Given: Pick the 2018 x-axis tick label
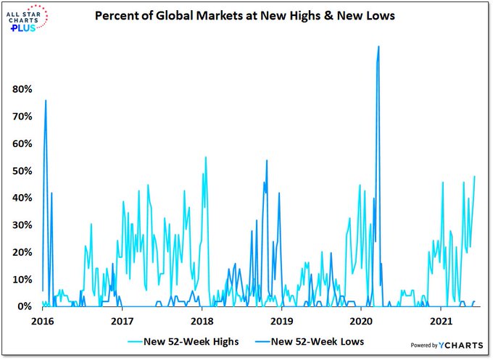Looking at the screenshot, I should tap(202, 319).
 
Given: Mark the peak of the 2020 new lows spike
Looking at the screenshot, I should tap(378, 46).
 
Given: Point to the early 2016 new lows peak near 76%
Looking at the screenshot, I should tap(46, 101).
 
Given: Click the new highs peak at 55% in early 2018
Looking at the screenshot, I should tap(206, 157).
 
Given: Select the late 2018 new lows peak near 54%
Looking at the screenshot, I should tap(267, 160).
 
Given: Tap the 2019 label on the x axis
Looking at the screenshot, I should tap(281, 319).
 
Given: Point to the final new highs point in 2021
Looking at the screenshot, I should tap(475, 176).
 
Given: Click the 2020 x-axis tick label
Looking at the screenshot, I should tap(361, 319).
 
